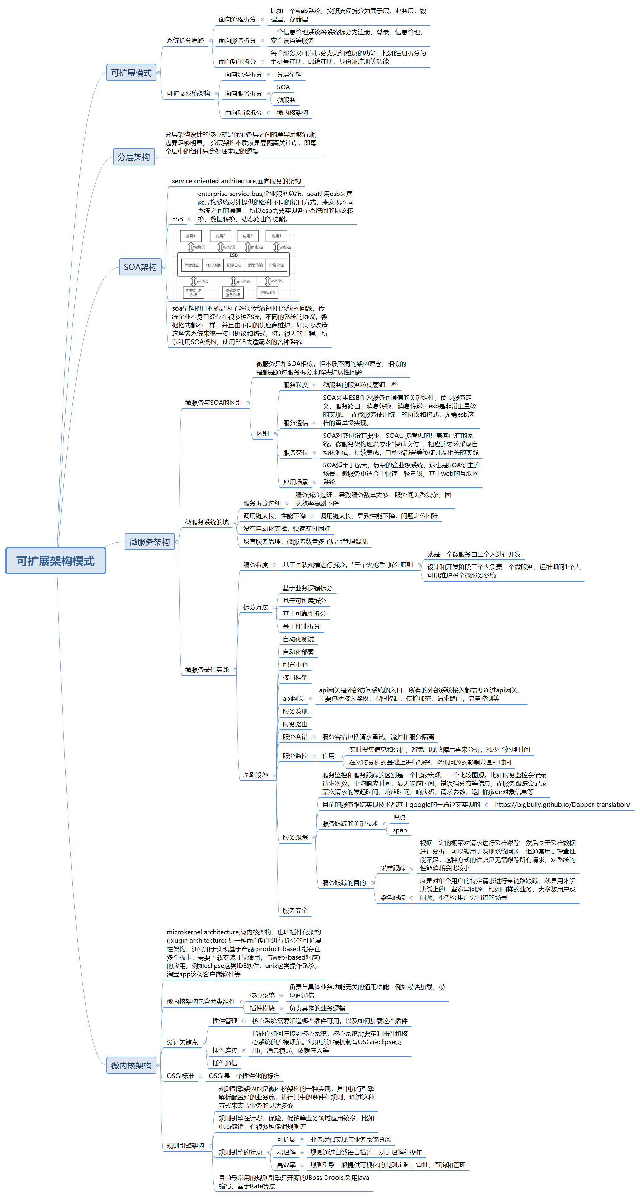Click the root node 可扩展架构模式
tap(55, 561)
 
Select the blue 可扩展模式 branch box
tap(131, 73)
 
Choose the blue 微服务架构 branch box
tap(149, 542)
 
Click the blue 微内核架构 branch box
tap(131, 1065)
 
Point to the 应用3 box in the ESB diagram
tap(247, 236)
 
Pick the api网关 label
tap(293, 699)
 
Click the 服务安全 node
tap(295, 911)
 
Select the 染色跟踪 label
tap(393, 898)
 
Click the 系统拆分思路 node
tap(185, 40)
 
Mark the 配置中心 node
tap(295, 665)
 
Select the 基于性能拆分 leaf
tap(301, 626)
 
